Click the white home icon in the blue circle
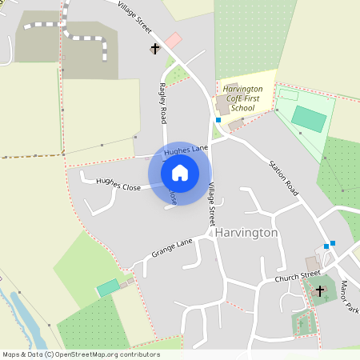point(179,172)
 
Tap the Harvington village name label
point(246,232)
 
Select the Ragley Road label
point(163,102)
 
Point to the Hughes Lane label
point(186,150)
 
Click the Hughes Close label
point(118,184)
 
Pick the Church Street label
point(297,278)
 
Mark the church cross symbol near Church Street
point(321,290)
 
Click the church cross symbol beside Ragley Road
point(155,49)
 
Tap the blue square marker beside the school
point(218,119)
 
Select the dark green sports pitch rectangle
point(308,118)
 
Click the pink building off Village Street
point(173,40)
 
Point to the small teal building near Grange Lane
point(107,288)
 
